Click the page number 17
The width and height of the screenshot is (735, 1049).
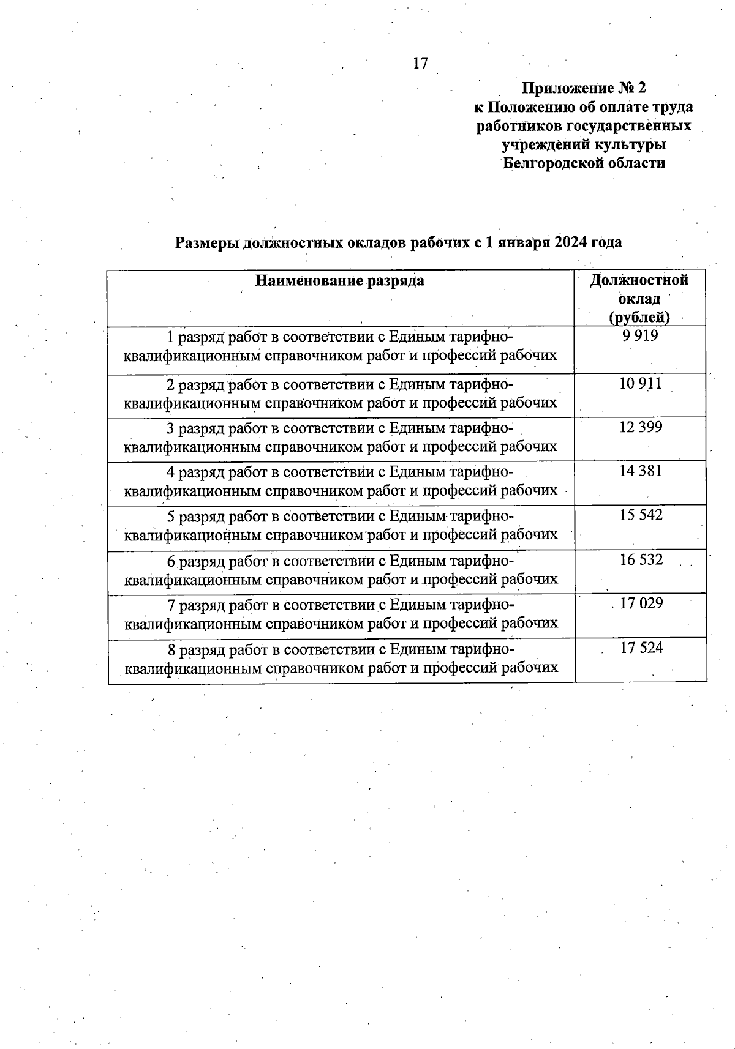pos(420,63)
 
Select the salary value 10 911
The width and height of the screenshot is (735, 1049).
pos(641,384)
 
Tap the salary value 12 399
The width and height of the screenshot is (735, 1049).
pos(641,427)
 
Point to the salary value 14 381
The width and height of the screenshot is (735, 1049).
pos(641,471)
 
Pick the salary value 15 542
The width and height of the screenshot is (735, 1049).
pos(641,515)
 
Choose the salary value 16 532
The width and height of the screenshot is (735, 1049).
pos(641,559)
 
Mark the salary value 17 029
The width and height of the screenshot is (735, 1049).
pos(641,603)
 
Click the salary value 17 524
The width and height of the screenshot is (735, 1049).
pos(641,648)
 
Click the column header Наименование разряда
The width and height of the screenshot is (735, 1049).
pos(340,281)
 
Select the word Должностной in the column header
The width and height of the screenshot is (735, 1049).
pos(639,280)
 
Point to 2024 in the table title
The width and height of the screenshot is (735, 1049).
pos(572,242)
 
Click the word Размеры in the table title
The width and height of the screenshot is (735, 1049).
pos(207,243)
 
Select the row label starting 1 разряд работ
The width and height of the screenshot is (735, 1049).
pos(341,346)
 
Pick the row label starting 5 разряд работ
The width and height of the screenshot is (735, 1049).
pos(341,525)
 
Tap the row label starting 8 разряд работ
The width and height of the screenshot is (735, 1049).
pos(341,658)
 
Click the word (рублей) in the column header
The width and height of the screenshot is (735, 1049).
pos(639,317)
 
